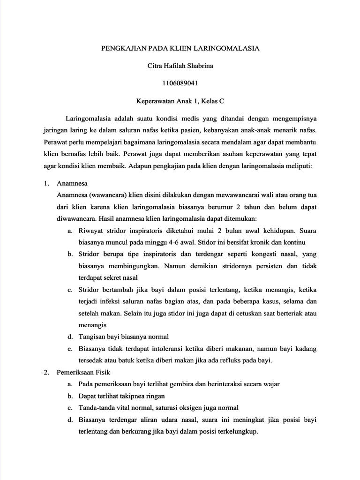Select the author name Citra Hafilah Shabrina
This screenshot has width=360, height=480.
click(180, 66)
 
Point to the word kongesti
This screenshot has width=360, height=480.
click(257, 254)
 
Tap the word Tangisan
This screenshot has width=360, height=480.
click(92, 337)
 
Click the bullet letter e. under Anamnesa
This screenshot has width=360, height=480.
click(69, 349)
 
